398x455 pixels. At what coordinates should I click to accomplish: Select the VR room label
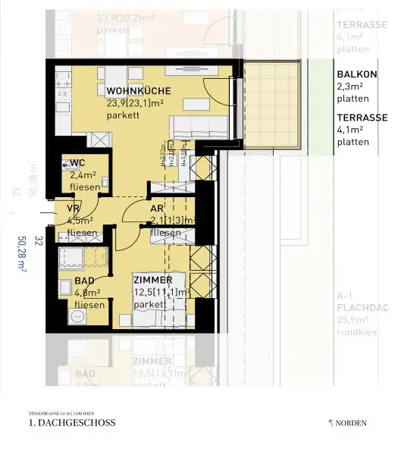pyautogui.click(x=74, y=208)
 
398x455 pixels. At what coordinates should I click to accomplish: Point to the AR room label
pyautogui.click(x=157, y=208)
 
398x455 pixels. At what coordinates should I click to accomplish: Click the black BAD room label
pyautogui.click(x=85, y=281)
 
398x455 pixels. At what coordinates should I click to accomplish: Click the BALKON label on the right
pyautogui.click(x=356, y=74)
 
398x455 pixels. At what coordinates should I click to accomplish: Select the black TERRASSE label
pyautogui.click(x=362, y=118)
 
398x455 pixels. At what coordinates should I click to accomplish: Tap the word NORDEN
pyautogui.click(x=355, y=422)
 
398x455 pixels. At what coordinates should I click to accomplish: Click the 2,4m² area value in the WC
pyautogui.click(x=80, y=174)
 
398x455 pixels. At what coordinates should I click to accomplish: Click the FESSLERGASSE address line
pyautogui.click(x=60, y=409)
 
